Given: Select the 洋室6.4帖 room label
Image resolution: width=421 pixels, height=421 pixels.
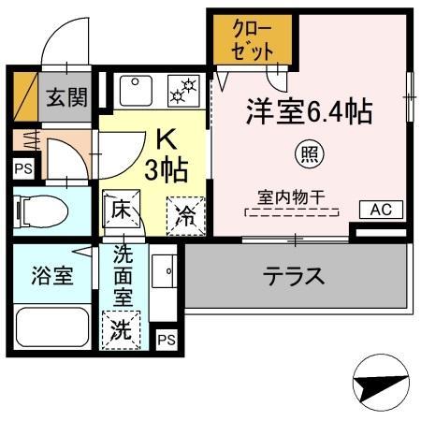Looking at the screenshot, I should (310, 112).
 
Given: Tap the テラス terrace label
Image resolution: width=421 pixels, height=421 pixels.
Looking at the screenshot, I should (293, 276).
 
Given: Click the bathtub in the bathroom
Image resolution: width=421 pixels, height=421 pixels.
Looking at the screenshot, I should (51, 328).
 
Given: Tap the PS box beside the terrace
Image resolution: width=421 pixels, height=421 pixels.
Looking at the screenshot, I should (166, 339).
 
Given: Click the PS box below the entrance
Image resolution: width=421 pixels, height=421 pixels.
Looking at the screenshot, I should (22, 169).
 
